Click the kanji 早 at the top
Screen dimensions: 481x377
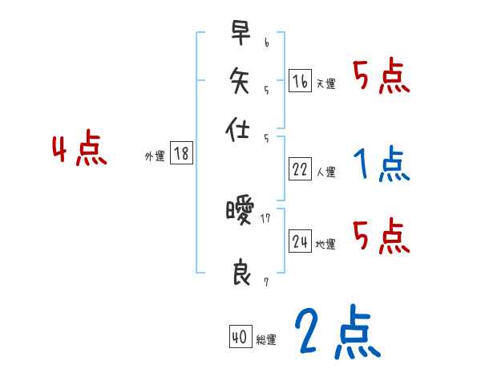[x=240, y=34]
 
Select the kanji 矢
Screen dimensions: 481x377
[x=240, y=80]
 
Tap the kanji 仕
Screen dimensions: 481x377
[x=240, y=128]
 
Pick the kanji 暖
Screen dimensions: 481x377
[x=240, y=213]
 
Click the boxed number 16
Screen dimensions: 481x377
[x=301, y=81]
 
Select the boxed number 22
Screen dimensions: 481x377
[x=301, y=169]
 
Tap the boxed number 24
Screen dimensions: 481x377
[x=301, y=241]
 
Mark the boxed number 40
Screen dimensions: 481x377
[x=239, y=338]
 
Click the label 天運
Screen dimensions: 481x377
[x=326, y=83]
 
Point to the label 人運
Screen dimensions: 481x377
[x=326, y=172]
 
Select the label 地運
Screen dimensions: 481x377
[x=326, y=244]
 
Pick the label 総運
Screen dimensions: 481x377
[x=266, y=340]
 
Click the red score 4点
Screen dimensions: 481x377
[x=79, y=151]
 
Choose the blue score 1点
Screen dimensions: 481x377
[x=381, y=164]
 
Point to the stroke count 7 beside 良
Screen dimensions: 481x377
[x=265, y=282]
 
